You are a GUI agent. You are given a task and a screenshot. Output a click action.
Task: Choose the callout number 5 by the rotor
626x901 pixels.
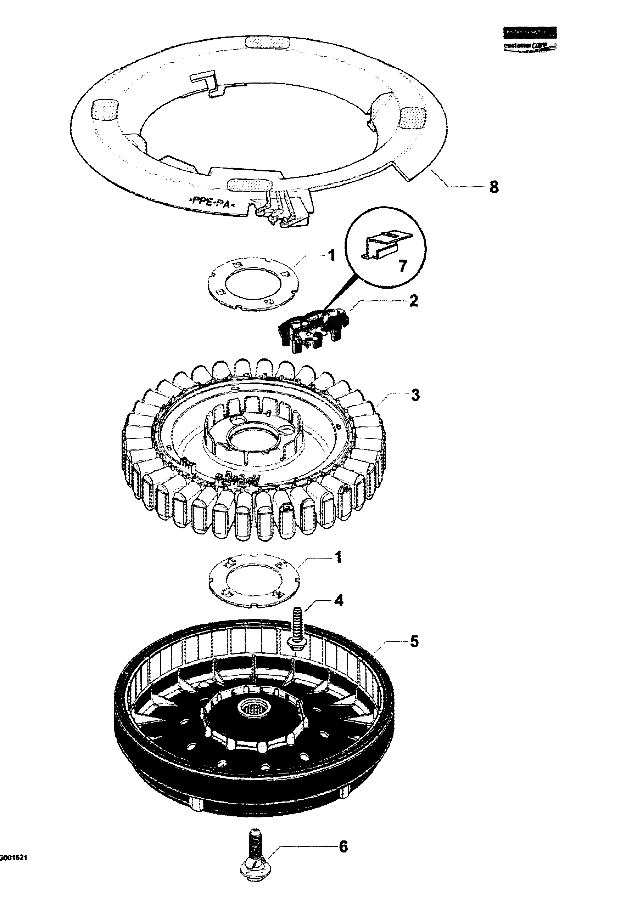coord(414,641)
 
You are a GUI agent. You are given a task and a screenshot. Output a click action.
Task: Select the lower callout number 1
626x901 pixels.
coord(338,557)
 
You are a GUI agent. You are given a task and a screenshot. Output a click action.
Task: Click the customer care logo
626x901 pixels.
coord(530,39)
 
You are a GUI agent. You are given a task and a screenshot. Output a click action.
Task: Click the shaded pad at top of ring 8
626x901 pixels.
coord(267,41)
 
